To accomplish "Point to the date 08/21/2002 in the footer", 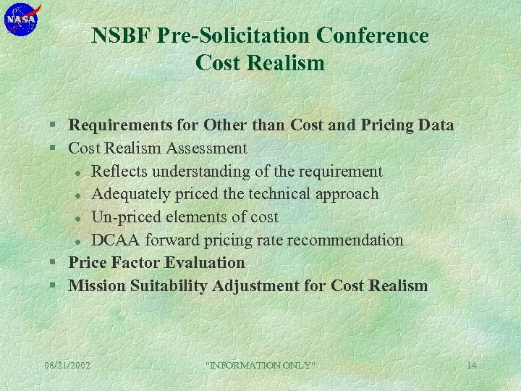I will tap(67, 365).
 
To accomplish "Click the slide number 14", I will tap(471, 365).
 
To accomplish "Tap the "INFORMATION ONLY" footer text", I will tap(261, 365).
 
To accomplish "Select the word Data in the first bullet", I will tap(436, 125).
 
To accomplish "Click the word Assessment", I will tap(206, 148).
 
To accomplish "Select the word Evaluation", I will tap(206, 262).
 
